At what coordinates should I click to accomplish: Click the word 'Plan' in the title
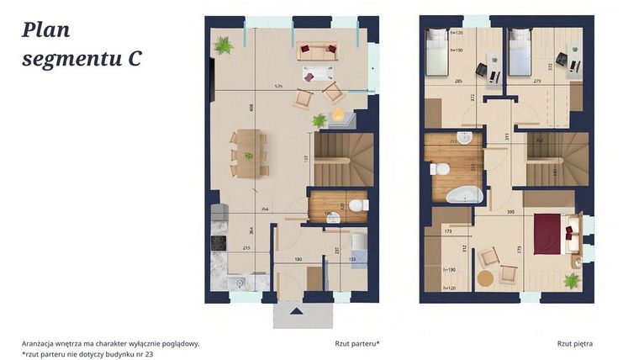click(x=46, y=30)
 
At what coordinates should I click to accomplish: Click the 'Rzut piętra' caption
click(x=574, y=343)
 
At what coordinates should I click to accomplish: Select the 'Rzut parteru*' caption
click(x=356, y=343)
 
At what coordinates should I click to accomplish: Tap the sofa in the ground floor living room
click(x=318, y=50)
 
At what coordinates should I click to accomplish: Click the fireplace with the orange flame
click(x=339, y=114)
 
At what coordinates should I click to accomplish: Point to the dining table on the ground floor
click(x=248, y=153)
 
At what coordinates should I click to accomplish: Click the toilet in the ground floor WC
click(x=357, y=205)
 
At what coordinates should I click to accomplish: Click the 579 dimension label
click(x=277, y=87)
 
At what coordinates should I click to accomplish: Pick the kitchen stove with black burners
click(x=218, y=243)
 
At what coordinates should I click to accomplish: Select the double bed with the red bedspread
click(x=547, y=233)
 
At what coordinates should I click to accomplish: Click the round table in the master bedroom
click(x=484, y=279)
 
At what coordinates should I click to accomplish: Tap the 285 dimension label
click(x=459, y=82)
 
